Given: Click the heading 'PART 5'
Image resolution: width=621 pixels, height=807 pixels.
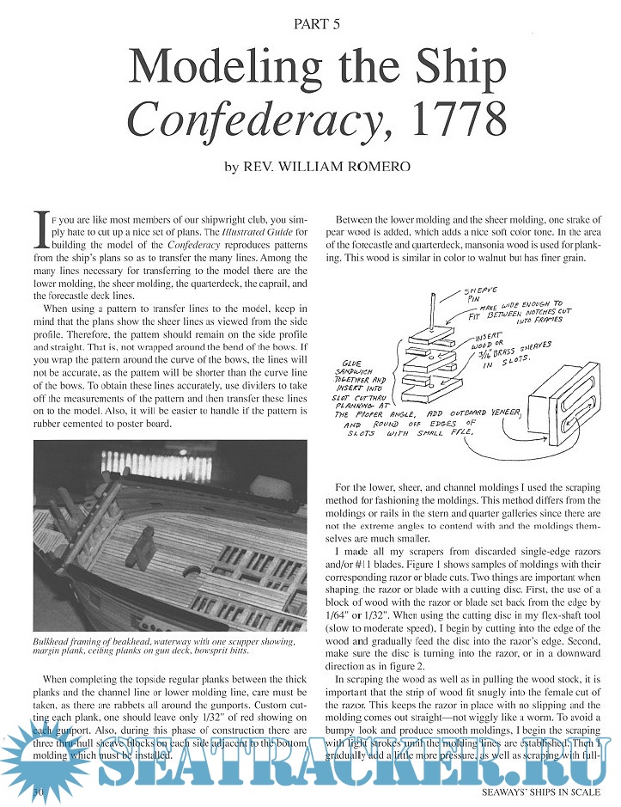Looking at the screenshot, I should [310, 24].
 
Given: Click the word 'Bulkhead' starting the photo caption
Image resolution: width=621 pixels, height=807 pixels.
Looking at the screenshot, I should [55, 642].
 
